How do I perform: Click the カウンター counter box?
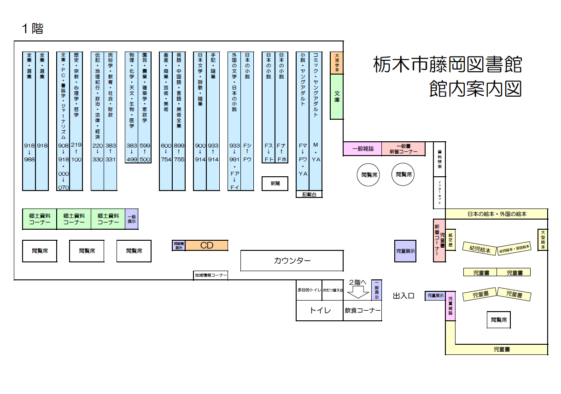tap(292, 261)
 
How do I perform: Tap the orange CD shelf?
tap(207, 245)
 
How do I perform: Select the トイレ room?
tap(319, 311)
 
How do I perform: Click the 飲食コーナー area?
tap(362, 311)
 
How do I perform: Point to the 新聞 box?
tap(275, 183)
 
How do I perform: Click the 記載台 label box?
tap(309, 194)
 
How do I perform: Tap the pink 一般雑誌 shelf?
tap(362, 149)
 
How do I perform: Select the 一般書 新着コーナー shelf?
tap(403, 149)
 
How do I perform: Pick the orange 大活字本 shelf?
tap(337, 63)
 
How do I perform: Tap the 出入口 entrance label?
tap(404, 296)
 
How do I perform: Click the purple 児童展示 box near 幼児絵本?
tap(405, 251)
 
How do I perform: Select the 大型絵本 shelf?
tap(543, 240)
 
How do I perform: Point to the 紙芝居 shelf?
tap(450, 240)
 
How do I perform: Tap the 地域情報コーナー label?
tap(210, 275)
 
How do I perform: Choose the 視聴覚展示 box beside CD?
tap(178, 245)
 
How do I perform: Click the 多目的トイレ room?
tap(309, 290)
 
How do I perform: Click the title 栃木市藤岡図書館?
tap(447, 64)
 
